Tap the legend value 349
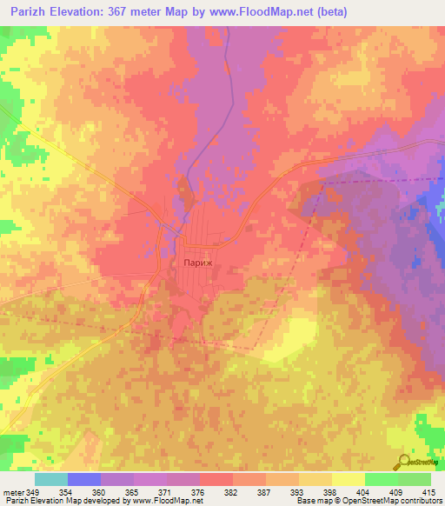33,493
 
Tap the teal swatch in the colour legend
51,479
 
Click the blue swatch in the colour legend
84,479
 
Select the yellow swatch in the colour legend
349,479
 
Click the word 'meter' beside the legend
12,493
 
